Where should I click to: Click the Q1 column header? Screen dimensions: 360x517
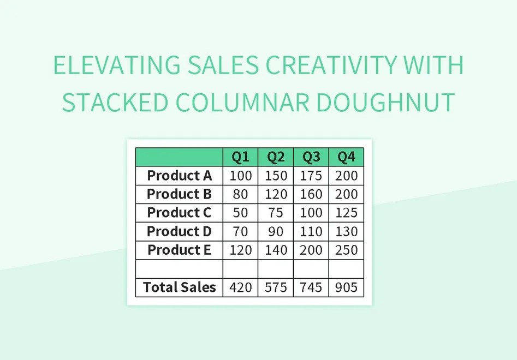point(240,157)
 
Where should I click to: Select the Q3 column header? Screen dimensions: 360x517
point(311,157)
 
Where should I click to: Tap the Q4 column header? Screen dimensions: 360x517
point(346,157)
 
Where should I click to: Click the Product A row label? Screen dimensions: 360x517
point(179,176)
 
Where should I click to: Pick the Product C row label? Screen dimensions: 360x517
point(179,213)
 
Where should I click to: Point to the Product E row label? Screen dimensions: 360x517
point(179,250)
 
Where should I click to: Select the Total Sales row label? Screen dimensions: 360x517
point(179,287)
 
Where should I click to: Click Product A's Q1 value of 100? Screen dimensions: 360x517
point(240,176)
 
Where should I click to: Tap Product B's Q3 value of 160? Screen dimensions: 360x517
point(311,194)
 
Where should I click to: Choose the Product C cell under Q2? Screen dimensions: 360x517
point(276,213)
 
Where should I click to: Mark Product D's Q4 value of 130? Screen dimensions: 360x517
point(346,231)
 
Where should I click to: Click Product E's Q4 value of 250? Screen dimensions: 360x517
point(346,250)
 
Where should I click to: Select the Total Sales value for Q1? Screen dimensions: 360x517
point(240,287)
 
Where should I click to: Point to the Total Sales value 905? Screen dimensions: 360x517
point(346,287)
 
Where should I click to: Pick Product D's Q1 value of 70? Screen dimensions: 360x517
point(240,231)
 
